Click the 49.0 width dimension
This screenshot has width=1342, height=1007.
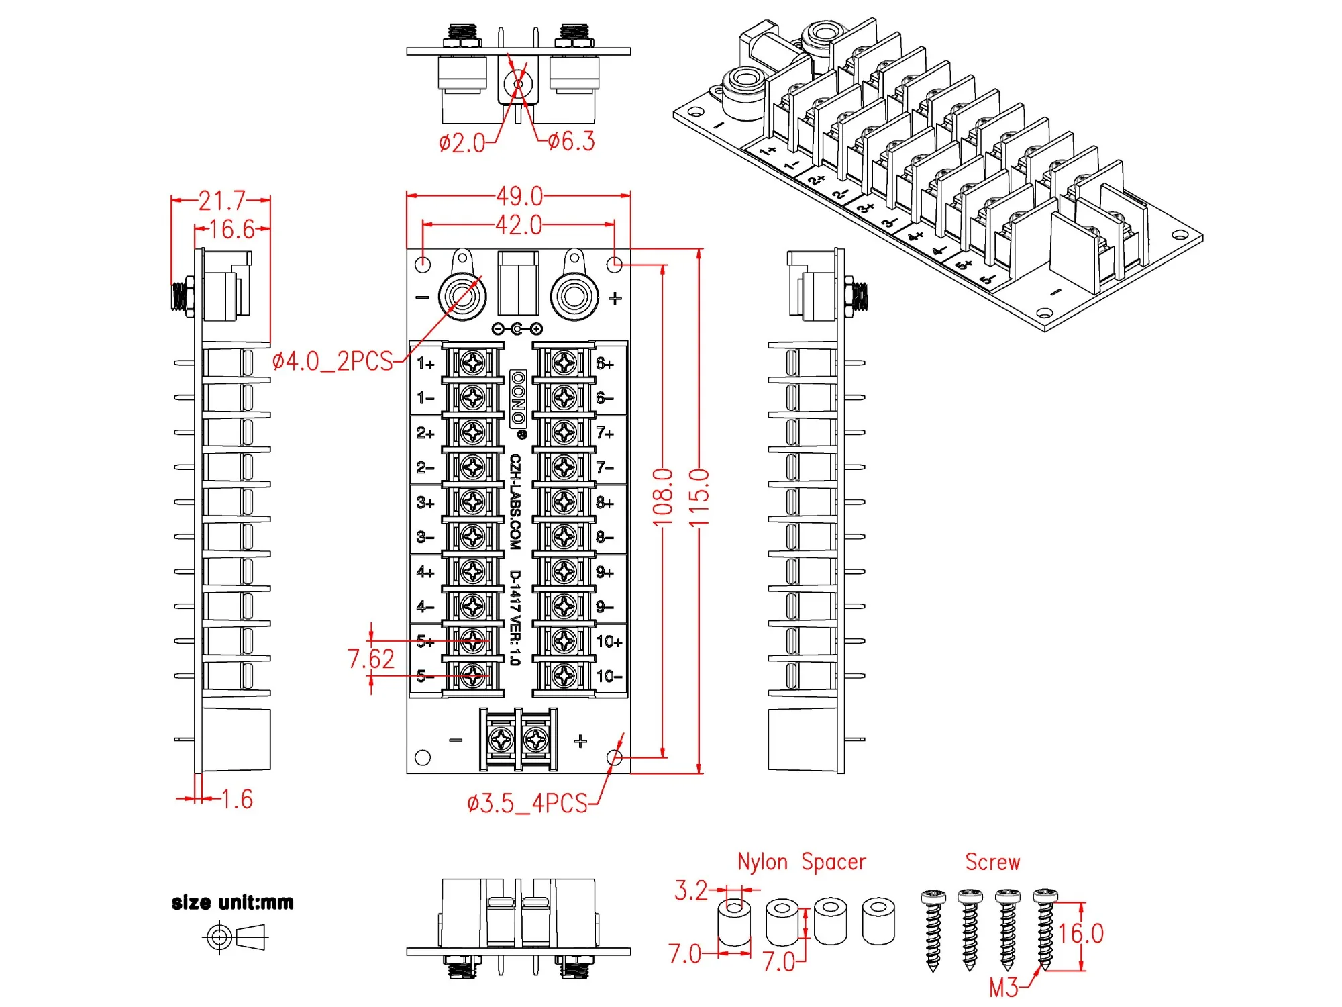[x=519, y=196]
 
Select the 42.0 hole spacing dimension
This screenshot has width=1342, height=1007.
[x=519, y=225]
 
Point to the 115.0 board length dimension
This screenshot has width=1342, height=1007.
[x=699, y=498]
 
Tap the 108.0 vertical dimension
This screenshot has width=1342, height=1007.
[x=663, y=497]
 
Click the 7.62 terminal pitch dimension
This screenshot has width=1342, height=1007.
[x=371, y=659]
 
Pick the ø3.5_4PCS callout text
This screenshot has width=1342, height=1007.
[x=527, y=803]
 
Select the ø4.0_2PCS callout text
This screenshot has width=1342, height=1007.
[x=333, y=361]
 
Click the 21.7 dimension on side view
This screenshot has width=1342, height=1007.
[x=221, y=200]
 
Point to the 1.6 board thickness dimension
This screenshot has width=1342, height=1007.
[x=237, y=799]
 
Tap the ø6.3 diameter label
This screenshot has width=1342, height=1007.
[x=571, y=141]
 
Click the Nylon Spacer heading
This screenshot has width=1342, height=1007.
[x=801, y=862]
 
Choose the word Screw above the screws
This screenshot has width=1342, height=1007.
[x=992, y=862]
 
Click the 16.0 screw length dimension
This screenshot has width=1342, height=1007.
[x=1081, y=933]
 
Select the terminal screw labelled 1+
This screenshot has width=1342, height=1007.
[x=473, y=363]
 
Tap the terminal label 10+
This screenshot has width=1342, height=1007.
[x=609, y=642]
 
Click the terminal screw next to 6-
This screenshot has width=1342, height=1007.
[x=564, y=398]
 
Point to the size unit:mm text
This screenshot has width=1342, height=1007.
[x=233, y=902]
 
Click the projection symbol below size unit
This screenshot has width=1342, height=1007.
[x=235, y=937]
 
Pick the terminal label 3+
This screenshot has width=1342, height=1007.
[x=425, y=503]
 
